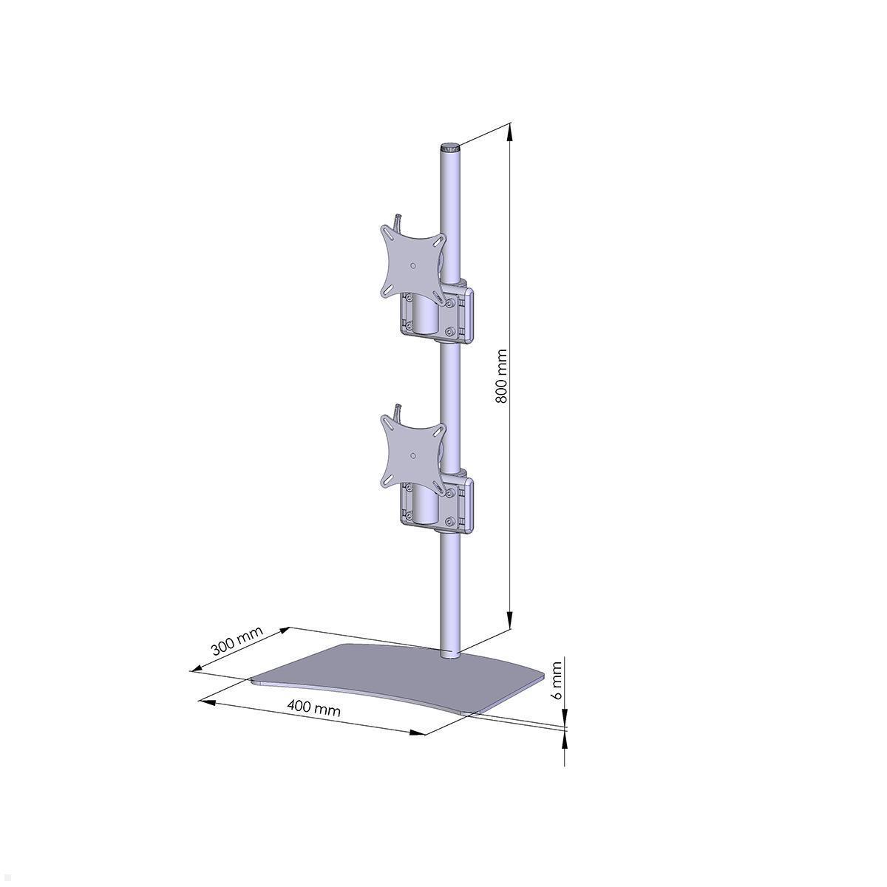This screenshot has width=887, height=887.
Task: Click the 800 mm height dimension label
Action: [x=501, y=376]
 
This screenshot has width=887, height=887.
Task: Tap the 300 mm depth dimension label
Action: [x=237, y=641]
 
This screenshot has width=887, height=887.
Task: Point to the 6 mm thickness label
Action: [x=557, y=682]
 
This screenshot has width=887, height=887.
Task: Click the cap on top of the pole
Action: [x=450, y=148]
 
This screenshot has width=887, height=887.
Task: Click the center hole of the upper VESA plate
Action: [x=413, y=265]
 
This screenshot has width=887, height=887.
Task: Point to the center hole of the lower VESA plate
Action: [x=413, y=455]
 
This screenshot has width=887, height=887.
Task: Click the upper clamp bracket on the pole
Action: [x=437, y=316]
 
